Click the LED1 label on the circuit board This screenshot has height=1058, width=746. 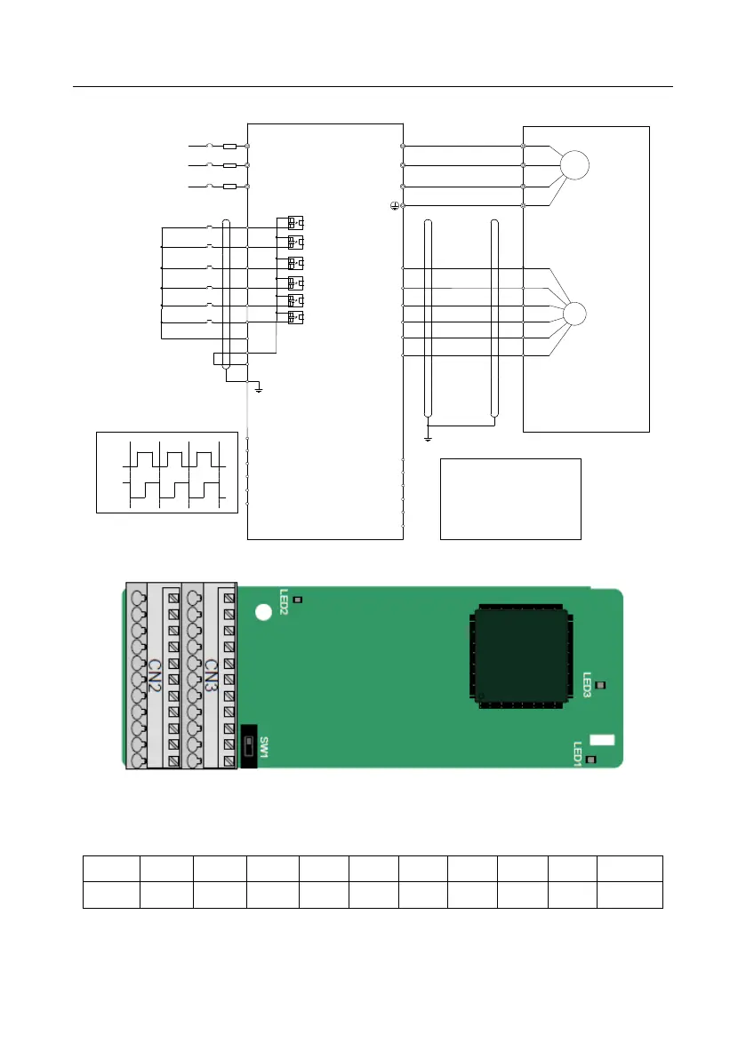(x=578, y=754)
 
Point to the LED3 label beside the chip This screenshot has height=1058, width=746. (x=587, y=685)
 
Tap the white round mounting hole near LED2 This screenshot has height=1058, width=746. (x=263, y=612)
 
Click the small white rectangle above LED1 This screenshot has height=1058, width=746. (x=602, y=740)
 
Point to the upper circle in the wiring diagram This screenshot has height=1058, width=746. (x=574, y=166)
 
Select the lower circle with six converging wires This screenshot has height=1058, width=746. (x=574, y=314)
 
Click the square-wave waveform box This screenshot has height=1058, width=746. (x=167, y=472)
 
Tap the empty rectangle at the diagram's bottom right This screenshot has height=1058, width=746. (x=510, y=498)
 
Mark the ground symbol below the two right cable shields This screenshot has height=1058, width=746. (x=428, y=437)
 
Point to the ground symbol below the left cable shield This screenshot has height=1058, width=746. (x=258, y=388)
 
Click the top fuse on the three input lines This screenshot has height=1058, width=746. (x=229, y=145)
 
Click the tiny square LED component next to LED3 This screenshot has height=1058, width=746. (x=599, y=685)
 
